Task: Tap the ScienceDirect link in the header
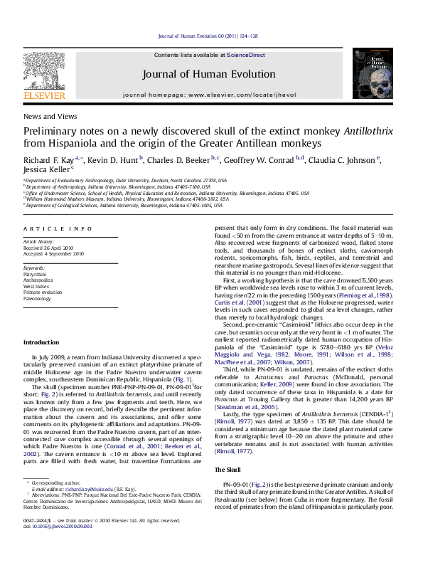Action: click(245, 55)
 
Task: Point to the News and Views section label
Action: click(50, 116)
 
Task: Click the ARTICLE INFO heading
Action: click(58, 228)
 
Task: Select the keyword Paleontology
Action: click(38, 299)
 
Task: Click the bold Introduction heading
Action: click(41, 342)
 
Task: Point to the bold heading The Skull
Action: click(227, 470)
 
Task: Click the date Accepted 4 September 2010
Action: click(54, 253)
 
